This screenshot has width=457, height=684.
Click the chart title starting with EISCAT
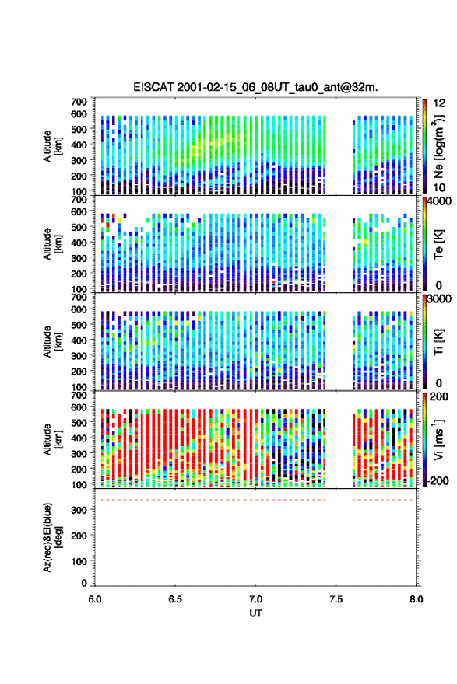pos(255,87)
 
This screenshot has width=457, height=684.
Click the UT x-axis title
pos(255,613)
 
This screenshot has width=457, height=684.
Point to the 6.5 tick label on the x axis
pos(174,599)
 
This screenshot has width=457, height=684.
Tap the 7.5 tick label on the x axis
pos(336,599)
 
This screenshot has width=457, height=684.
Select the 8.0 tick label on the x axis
pos(416,599)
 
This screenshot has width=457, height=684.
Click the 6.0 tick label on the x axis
pos(95,599)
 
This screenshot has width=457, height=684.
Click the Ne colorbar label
pos(438,146)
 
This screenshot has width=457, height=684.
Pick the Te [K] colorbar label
pos(438,244)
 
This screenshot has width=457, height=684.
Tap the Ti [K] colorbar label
pos(438,341)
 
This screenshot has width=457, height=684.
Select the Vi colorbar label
pos(438,439)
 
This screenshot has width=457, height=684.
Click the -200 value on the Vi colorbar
pos(438,480)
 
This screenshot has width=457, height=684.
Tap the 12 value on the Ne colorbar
pos(440,103)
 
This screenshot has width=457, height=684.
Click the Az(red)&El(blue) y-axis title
pos(51,537)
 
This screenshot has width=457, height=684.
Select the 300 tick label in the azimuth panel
pos(79,510)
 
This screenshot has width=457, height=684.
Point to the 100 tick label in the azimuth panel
pos(79,561)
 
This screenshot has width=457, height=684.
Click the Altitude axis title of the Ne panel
pos(51,146)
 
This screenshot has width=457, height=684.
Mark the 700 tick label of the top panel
pos(79,102)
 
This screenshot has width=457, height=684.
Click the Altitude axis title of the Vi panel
pos(51,439)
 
